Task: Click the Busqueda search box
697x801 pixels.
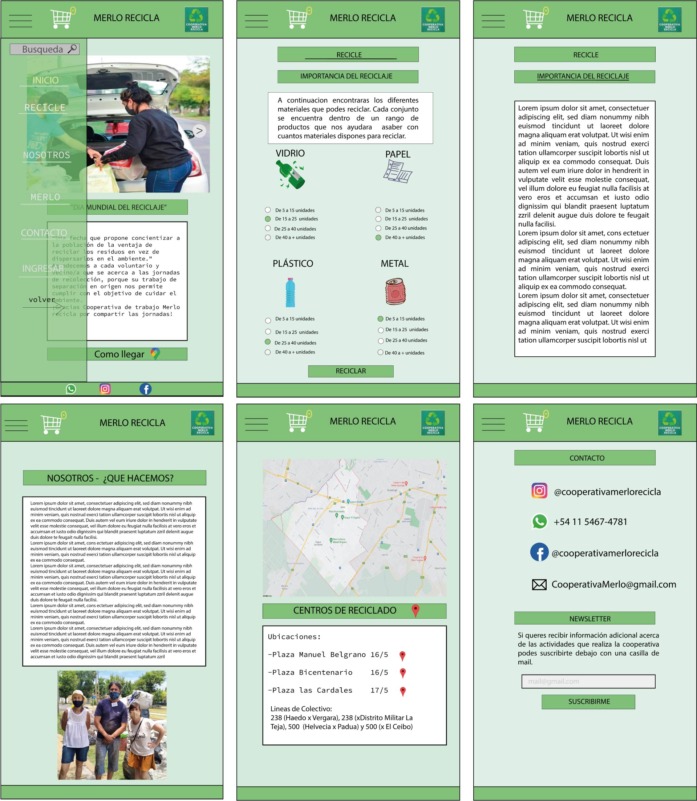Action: pyautogui.click(x=44, y=49)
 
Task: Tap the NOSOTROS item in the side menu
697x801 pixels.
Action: pyautogui.click(x=47, y=155)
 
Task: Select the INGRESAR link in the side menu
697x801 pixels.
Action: pyautogui.click(x=43, y=268)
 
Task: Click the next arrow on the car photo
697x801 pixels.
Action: pyautogui.click(x=199, y=131)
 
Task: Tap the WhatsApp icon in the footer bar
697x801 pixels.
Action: pyautogui.click(x=71, y=389)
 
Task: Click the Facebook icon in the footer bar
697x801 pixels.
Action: pyautogui.click(x=146, y=389)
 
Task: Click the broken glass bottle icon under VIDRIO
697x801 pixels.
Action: pyautogui.click(x=291, y=175)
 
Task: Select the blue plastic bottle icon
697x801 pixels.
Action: pyautogui.click(x=290, y=292)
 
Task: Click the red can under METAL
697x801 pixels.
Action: pyautogui.click(x=395, y=291)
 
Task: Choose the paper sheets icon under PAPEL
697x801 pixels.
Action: pyautogui.click(x=397, y=171)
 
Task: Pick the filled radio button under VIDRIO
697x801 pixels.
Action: pyautogui.click(x=268, y=219)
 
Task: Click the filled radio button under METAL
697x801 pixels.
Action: pyautogui.click(x=380, y=319)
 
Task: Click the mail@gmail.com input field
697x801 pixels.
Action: pyautogui.click(x=588, y=681)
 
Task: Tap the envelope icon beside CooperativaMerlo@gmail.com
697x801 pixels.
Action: pyautogui.click(x=539, y=584)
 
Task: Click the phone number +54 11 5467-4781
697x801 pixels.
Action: pyautogui.click(x=590, y=522)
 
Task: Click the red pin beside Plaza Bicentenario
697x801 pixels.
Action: pyautogui.click(x=403, y=673)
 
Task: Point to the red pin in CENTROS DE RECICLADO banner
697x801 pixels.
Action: pyautogui.click(x=416, y=610)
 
